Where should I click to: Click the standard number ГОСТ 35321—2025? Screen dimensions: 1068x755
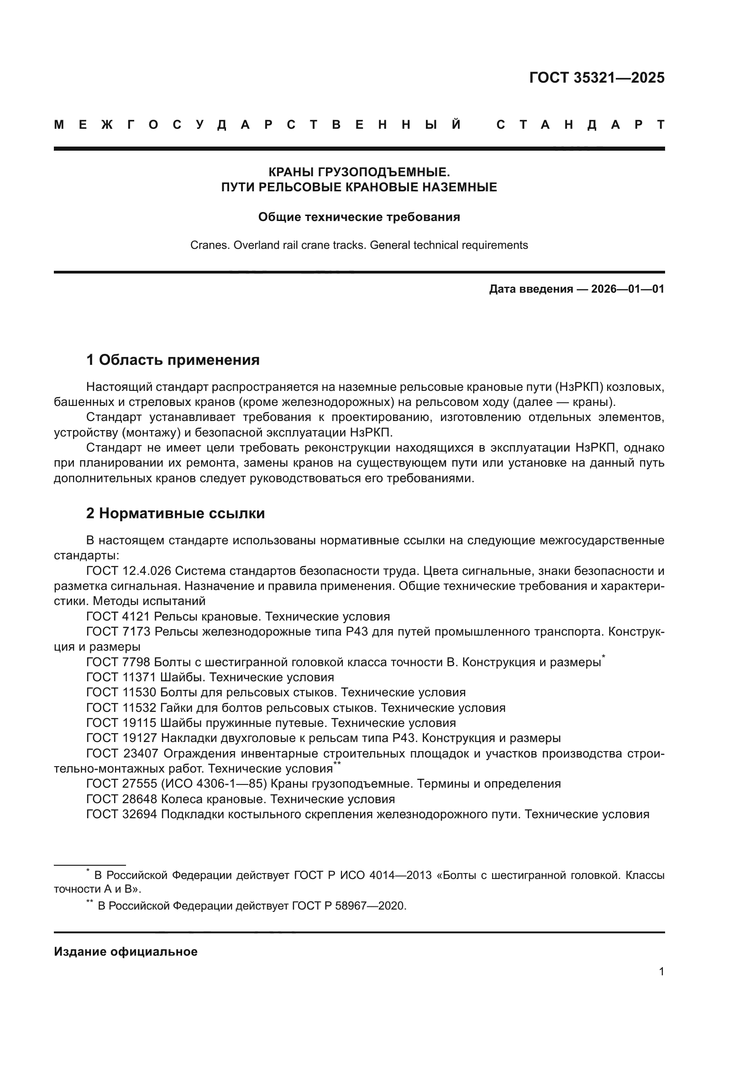point(597,78)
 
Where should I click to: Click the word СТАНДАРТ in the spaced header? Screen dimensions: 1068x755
point(580,125)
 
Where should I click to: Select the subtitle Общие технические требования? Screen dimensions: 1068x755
point(359,217)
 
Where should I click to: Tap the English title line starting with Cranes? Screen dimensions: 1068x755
point(359,245)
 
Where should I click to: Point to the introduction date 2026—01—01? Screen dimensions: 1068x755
point(627,289)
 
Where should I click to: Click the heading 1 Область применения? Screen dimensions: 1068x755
point(173,359)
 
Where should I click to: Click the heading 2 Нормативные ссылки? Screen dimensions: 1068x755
point(175,513)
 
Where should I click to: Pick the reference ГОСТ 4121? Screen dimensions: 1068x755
point(118,617)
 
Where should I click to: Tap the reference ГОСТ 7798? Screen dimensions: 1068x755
point(118,663)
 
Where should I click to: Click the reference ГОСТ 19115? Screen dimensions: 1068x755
point(121,723)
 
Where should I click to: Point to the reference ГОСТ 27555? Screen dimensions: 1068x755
point(122,784)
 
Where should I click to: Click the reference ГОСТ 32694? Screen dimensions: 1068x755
point(122,815)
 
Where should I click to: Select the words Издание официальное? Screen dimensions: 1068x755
point(126,952)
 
